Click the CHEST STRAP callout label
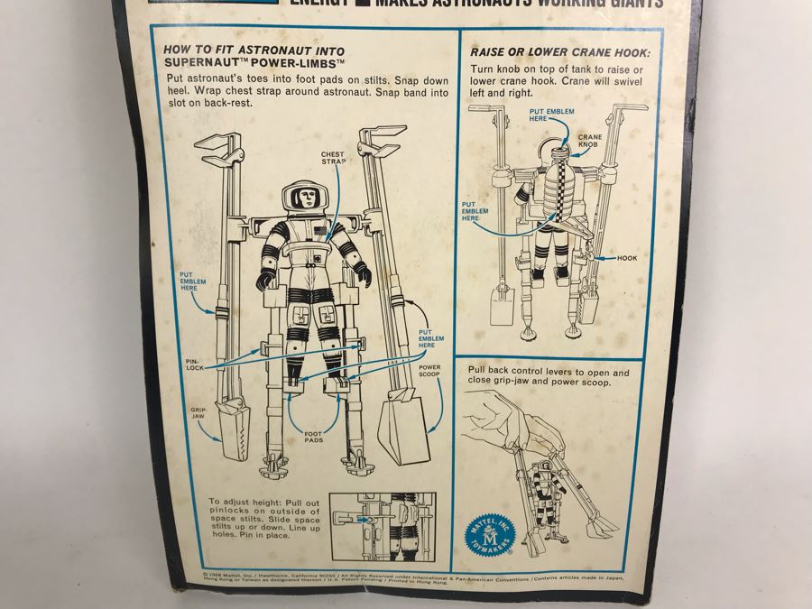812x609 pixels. [333, 159]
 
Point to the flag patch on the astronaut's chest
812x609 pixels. [320, 236]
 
